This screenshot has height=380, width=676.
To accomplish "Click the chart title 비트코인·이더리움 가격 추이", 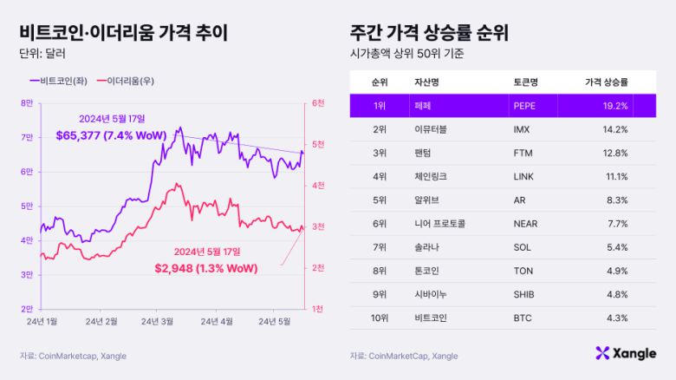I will point(123,33).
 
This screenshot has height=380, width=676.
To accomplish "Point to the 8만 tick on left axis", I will point(28,103).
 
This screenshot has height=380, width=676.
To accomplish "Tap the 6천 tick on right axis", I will point(319,103).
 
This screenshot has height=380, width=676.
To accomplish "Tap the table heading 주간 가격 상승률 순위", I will point(429,33).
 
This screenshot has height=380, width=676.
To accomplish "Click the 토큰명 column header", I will point(526,82).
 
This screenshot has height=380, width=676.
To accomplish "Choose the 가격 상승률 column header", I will point(607,82).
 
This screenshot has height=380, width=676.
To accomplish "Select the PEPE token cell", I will point(526,106).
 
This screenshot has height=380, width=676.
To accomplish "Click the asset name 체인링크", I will point(432,177).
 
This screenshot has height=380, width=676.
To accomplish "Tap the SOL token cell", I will point(523,247).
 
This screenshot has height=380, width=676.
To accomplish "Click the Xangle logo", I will point(626,352).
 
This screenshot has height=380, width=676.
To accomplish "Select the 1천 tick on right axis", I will point(319,309).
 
